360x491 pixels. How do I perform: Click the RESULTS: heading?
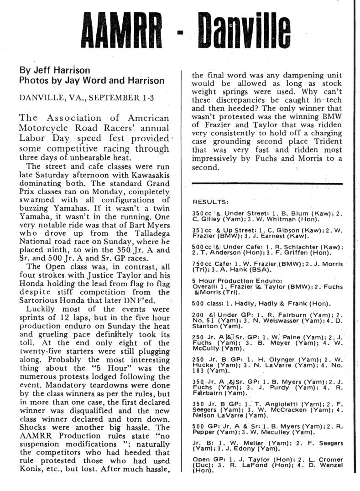(x=211, y=202)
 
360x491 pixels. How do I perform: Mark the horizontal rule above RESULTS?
(x=267, y=183)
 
